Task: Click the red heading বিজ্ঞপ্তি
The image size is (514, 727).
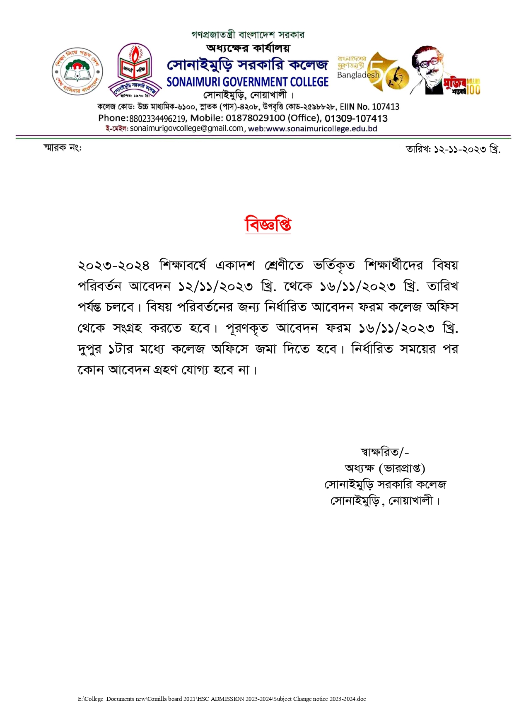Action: tap(268, 224)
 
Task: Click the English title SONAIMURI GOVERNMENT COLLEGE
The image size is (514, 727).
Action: tap(248, 82)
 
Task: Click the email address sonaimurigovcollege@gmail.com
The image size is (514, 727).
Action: tap(187, 128)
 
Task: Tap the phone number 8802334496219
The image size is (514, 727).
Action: tap(157, 118)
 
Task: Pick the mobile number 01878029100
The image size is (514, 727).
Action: tap(255, 118)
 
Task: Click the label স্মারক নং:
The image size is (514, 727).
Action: tap(63, 147)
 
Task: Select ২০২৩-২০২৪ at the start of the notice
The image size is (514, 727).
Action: tap(113, 265)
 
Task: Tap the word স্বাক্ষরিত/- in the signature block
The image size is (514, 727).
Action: tap(385, 452)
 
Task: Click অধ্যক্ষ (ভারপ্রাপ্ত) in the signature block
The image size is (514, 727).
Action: tap(385, 468)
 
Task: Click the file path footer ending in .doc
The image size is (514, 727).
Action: tap(222, 699)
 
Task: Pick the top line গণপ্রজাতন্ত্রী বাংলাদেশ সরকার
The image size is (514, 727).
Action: tap(248, 35)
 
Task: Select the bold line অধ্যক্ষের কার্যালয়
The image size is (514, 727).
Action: tap(248, 48)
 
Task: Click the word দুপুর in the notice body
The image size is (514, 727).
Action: tap(89, 349)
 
